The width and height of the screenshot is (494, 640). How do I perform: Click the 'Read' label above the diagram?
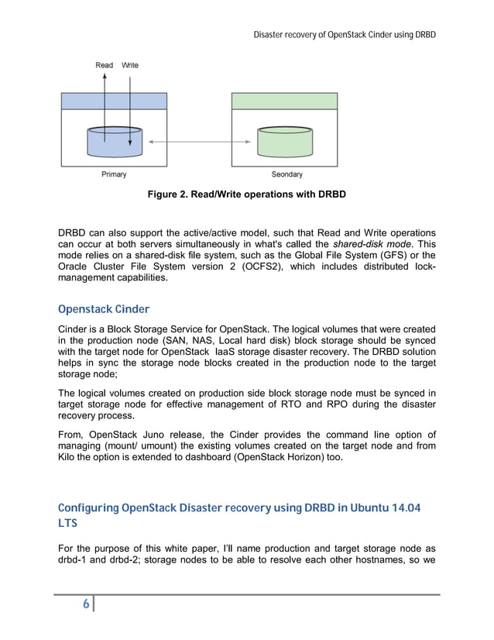click(x=105, y=65)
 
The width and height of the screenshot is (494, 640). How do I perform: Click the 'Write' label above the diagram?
click(x=129, y=65)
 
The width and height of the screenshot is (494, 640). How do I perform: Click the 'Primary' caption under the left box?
click(x=114, y=174)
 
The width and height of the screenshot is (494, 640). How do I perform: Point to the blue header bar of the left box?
click(x=115, y=101)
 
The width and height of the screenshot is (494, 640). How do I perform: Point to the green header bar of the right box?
click(x=285, y=101)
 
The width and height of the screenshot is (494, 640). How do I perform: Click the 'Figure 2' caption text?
click(x=246, y=194)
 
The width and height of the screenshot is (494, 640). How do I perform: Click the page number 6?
click(x=85, y=605)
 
